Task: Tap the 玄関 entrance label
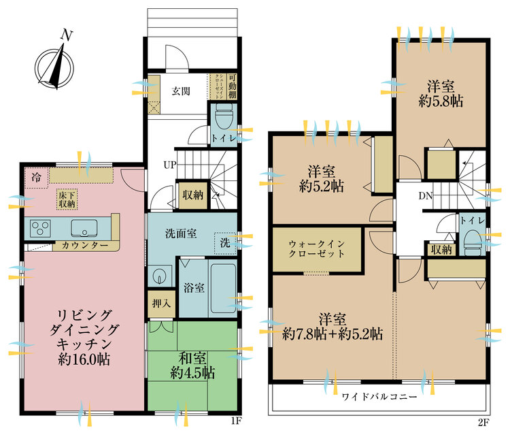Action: (x=180, y=91)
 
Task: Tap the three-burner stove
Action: (x=39, y=227)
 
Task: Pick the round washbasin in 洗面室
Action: (x=159, y=276)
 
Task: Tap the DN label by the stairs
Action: (x=426, y=197)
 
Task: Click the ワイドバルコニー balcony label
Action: (x=380, y=397)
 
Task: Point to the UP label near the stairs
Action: (x=169, y=165)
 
